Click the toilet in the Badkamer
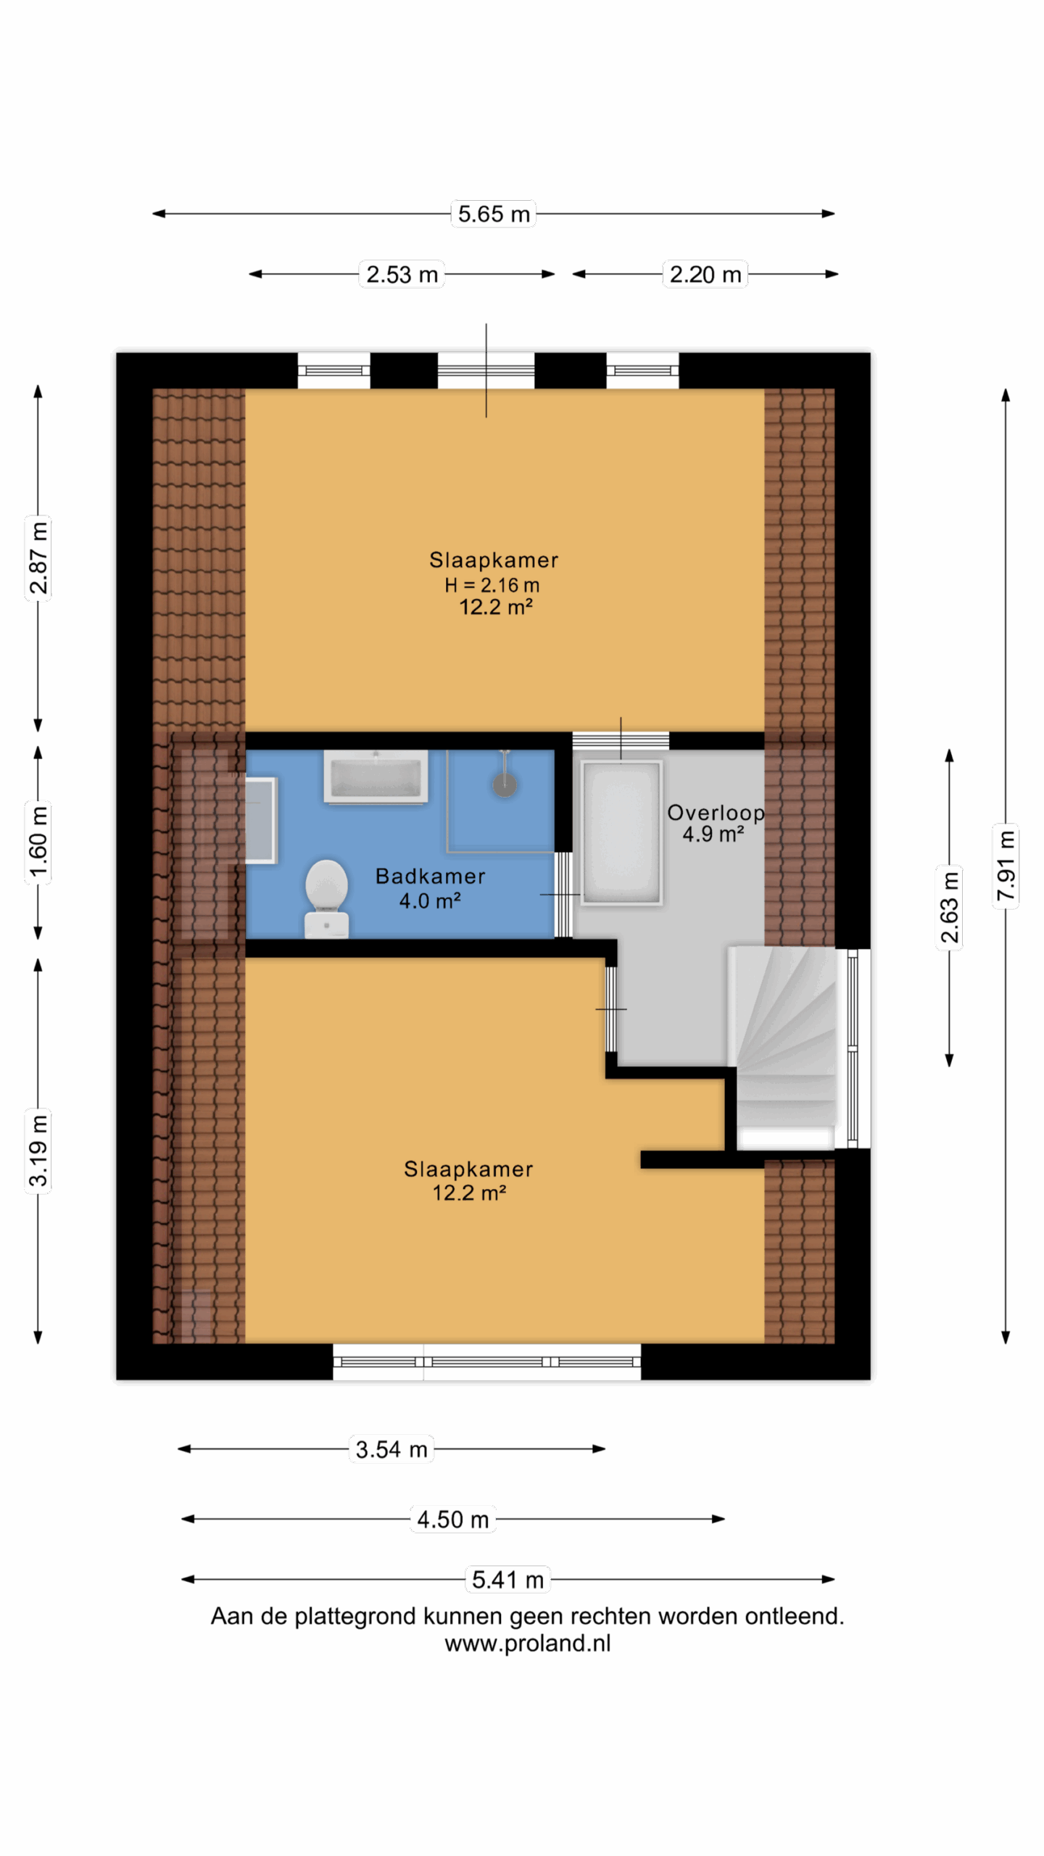click(x=326, y=899)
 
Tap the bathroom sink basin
click(x=376, y=777)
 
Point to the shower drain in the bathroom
click(x=505, y=784)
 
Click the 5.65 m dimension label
click(x=494, y=214)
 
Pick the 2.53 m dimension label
click(x=402, y=275)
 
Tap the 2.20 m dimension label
click(x=705, y=275)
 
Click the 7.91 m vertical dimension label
click(x=1006, y=866)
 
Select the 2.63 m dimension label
click(x=950, y=907)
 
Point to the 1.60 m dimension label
click(x=38, y=841)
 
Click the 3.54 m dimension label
click(x=391, y=1449)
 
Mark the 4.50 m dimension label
click(x=453, y=1519)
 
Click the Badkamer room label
click(x=431, y=877)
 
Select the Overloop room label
click(x=716, y=813)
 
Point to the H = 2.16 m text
click(x=492, y=585)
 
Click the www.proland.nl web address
click(x=528, y=1644)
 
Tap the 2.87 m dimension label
click(x=38, y=557)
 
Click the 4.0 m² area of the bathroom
click(x=430, y=900)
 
